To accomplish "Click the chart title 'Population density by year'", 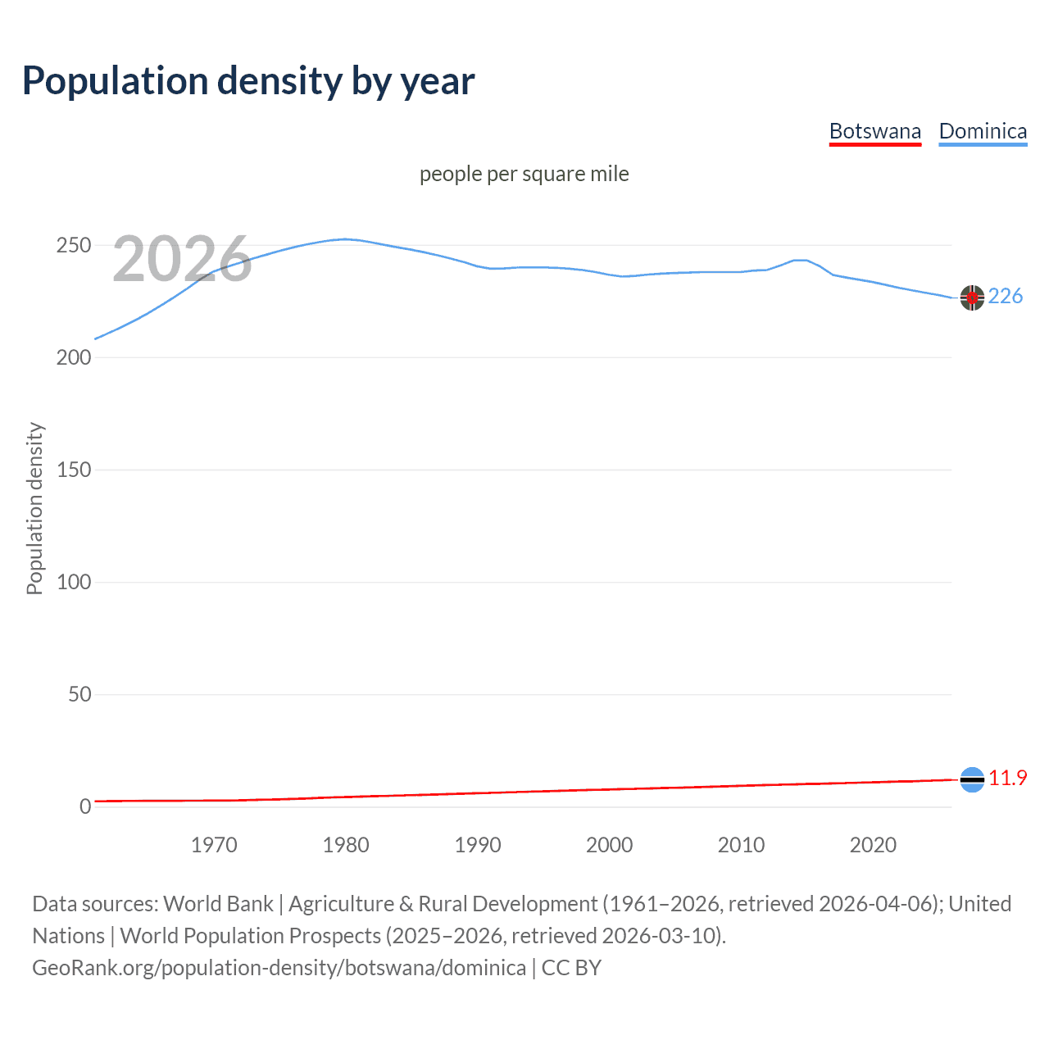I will pyautogui.click(x=248, y=81).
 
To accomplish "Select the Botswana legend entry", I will pyautogui.click(x=874, y=131).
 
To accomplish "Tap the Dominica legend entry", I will pyautogui.click(x=983, y=131).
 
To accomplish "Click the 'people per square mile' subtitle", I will pyautogui.click(x=524, y=174).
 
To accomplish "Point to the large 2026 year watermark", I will pyautogui.click(x=182, y=259).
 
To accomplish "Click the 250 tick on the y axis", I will pyautogui.click(x=73, y=246).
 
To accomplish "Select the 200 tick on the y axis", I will pyautogui.click(x=73, y=358).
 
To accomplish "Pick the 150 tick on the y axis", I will pyautogui.click(x=73, y=470).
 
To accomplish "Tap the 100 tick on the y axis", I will pyautogui.click(x=73, y=583).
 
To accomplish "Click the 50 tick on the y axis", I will pyautogui.click(x=79, y=695).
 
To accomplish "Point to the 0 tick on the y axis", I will pyautogui.click(x=85, y=807).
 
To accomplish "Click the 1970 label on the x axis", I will pyautogui.click(x=214, y=845).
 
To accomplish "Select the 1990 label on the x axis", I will pyautogui.click(x=478, y=845).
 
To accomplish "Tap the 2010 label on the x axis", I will pyautogui.click(x=741, y=845).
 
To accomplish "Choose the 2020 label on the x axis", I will pyautogui.click(x=873, y=845).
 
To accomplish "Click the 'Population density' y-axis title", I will pyautogui.click(x=34, y=508).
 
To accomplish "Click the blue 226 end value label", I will pyautogui.click(x=1005, y=296).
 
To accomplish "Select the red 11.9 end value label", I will pyautogui.click(x=1007, y=778).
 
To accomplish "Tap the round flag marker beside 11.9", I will pyautogui.click(x=972, y=779).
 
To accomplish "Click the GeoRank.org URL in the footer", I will pyautogui.click(x=279, y=968).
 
